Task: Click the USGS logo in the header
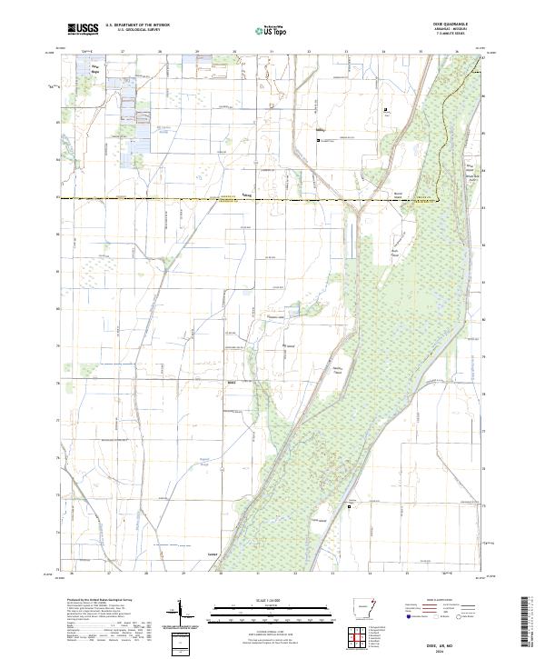[83, 28]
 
